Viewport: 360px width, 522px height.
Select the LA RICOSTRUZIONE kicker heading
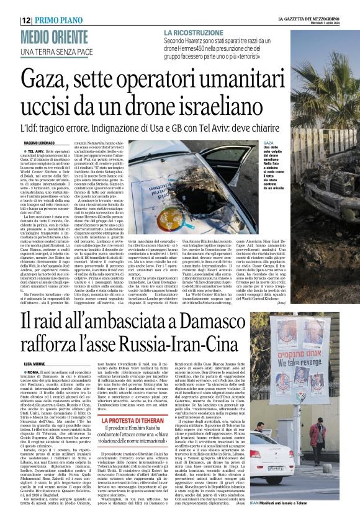[x=193, y=32]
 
